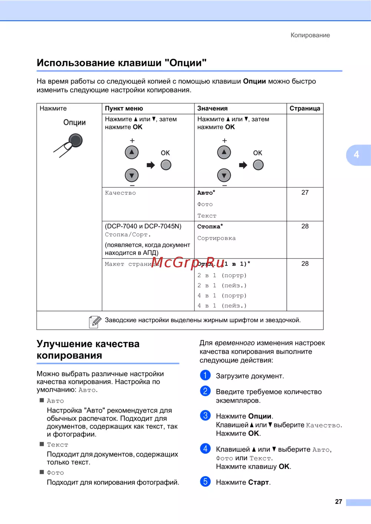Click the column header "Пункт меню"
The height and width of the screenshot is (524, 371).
[x=124, y=108]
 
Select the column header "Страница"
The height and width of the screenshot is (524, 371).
[x=305, y=108]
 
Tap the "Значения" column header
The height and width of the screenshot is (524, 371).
[x=212, y=108]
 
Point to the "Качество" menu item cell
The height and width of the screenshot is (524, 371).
[x=121, y=193]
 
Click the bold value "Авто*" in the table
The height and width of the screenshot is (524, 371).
[x=206, y=193]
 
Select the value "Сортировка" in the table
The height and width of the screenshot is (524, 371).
[x=216, y=238]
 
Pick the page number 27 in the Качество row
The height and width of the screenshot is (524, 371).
[x=305, y=192]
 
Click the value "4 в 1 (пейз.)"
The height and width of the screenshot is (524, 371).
[x=222, y=306]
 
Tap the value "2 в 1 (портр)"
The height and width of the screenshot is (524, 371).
[x=222, y=275]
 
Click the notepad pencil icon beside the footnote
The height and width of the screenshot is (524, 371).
[x=95, y=322]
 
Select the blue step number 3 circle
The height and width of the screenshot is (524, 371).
[x=205, y=415]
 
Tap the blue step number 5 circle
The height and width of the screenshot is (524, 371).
[x=205, y=481]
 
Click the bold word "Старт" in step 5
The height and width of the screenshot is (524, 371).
[x=259, y=482]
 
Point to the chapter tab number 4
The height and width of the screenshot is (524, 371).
[x=357, y=155]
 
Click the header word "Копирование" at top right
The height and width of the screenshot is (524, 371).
[x=310, y=35]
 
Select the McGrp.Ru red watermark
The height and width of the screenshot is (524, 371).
[x=188, y=263]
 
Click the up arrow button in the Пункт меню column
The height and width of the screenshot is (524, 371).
[x=132, y=152]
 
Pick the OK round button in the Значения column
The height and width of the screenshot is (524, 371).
[x=258, y=165]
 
